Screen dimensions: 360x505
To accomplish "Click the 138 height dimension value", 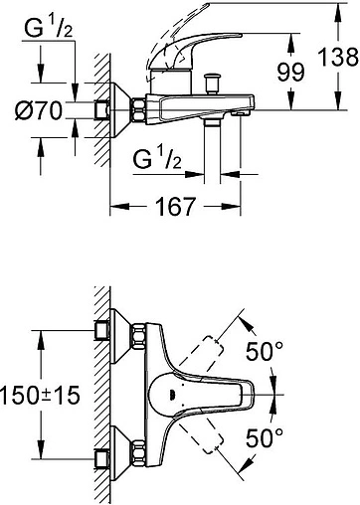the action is tap(338, 57).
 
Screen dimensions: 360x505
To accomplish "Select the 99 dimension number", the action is tap(290, 72).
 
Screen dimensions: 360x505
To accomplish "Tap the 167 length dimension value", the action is tap(175, 207).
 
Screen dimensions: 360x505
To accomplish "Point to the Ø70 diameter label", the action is tap(39, 110).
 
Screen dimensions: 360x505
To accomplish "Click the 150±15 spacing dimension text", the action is tap(40, 396).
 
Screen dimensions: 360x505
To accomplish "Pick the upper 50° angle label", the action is tap(265, 351).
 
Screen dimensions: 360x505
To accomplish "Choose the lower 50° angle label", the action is tap(265, 437).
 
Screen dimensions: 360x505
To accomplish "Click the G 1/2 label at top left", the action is tap(49, 29).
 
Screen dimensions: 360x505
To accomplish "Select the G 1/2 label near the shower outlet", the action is tap(157, 160).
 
